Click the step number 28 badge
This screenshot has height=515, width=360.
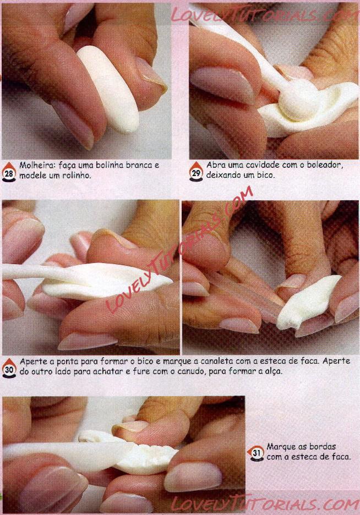[x=9, y=172]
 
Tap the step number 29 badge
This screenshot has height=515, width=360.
[x=196, y=172]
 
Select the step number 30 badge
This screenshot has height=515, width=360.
[x=9, y=368]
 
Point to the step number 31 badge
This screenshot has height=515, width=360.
[x=256, y=453]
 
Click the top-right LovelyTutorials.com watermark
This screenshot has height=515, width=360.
[x=264, y=14]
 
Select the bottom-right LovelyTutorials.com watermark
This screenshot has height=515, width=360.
[x=264, y=504]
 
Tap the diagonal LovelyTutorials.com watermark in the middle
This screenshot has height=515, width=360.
[x=179, y=250]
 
